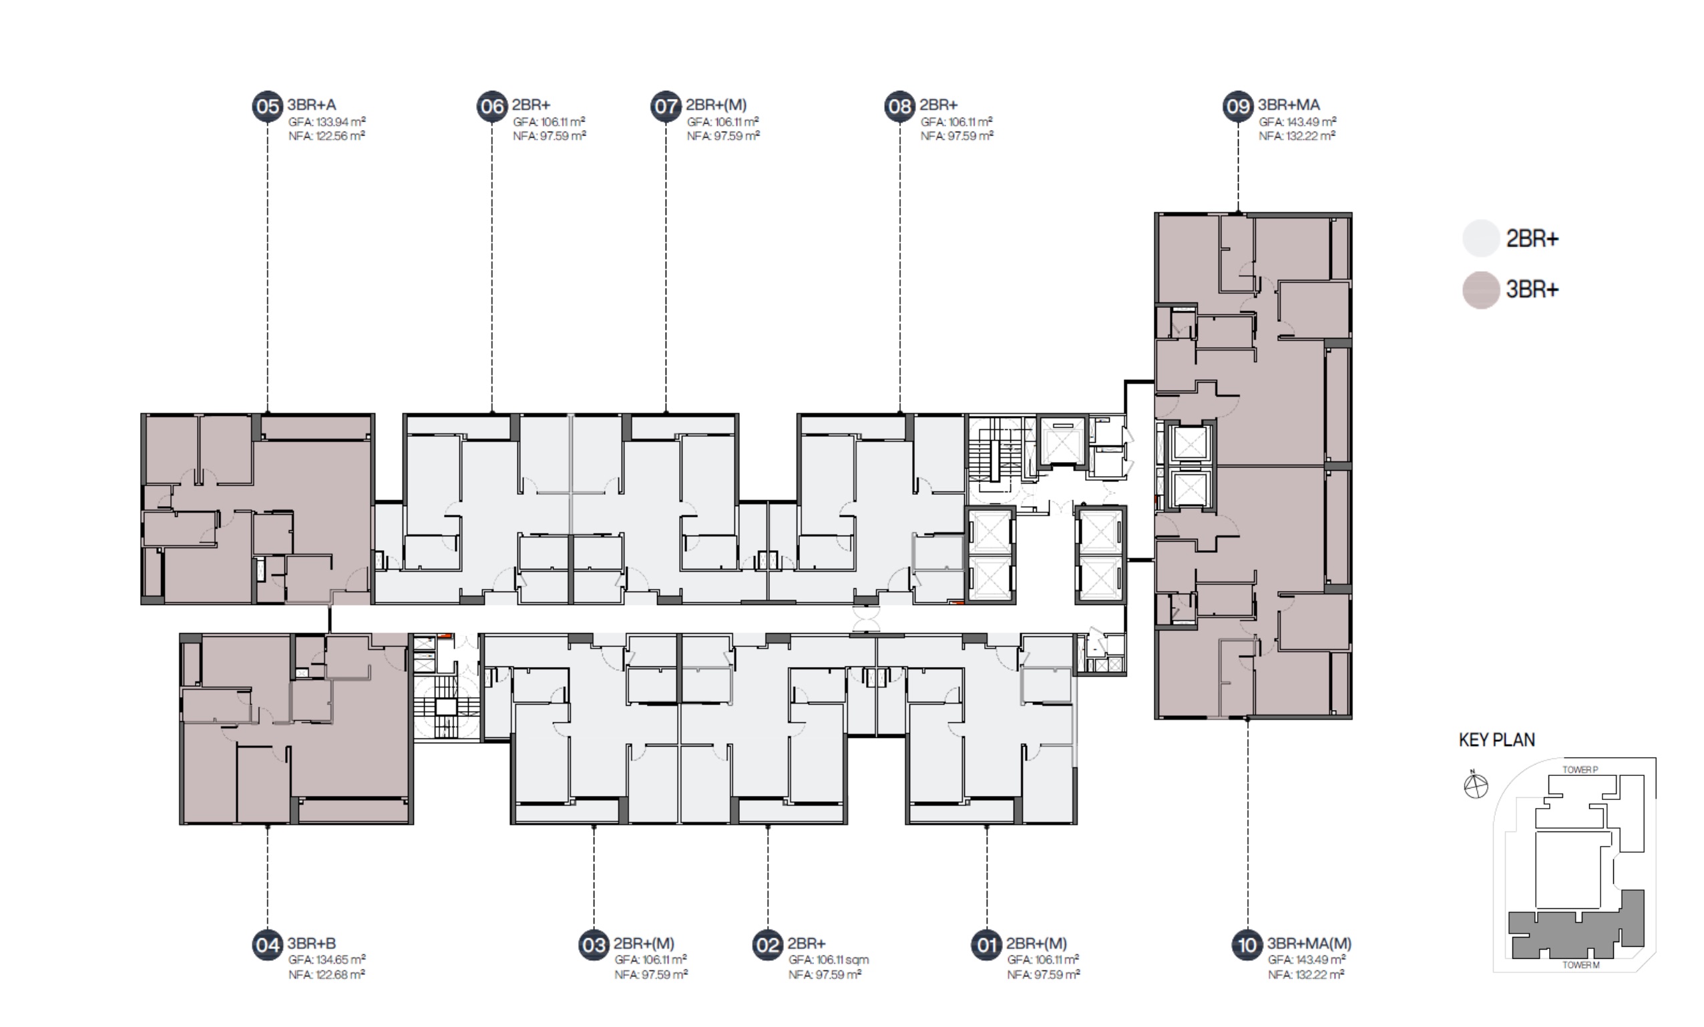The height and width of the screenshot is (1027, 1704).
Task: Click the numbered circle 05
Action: click(268, 106)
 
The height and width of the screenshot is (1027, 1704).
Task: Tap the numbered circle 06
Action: click(492, 106)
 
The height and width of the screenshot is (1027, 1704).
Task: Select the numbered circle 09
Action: click(1238, 106)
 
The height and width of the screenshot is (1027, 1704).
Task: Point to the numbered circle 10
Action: click(1247, 945)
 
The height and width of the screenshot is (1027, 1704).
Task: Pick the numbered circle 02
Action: click(768, 945)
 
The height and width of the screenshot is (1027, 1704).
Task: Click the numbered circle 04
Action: click(268, 945)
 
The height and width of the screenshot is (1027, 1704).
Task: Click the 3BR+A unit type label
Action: click(312, 105)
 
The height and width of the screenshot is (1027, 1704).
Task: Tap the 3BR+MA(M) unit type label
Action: click(1309, 944)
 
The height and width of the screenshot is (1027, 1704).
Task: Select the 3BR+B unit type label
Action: click(312, 944)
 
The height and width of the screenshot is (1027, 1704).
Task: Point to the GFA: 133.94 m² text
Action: click(327, 122)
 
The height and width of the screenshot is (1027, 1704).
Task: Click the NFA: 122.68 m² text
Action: click(327, 974)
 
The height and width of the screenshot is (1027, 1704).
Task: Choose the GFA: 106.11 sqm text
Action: click(829, 960)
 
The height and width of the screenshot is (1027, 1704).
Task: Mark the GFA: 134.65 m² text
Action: click(327, 960)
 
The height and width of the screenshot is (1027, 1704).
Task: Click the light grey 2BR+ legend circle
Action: click(1480, 238)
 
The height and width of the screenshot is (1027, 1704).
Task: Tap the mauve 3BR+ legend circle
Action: click(1480, 290)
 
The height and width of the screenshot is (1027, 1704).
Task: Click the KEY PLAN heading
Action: click(1496, 740)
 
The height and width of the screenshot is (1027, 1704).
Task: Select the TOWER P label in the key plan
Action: click(1580, 770)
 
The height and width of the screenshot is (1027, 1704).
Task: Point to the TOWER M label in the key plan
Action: click(1581, 965)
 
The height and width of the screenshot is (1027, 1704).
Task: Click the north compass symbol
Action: click(1476, 786)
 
